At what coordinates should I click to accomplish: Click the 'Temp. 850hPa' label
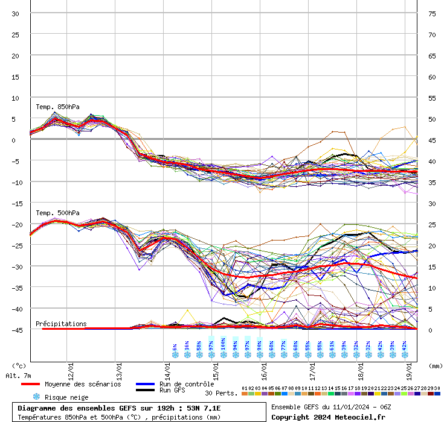[x=57, y=107]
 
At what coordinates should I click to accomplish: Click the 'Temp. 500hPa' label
[x=57, y=213]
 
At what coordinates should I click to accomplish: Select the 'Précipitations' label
[x=61, y=324]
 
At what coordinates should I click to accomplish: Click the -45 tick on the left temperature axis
[x=15, y=330]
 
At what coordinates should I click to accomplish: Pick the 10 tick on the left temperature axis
[x=15, y=98]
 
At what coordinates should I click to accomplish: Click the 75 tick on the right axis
[x=432, y=13]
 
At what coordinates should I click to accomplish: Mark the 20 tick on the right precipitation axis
[x=432, y=245]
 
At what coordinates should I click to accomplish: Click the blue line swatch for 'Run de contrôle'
[x=145, y=384]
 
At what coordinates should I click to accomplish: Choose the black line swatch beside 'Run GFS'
[x=145, y=391]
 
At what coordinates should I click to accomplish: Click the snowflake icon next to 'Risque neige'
[x=36, y=397]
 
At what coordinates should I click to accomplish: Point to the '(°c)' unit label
[x=19, y=366]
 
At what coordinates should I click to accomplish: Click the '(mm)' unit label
[x=436, y=366]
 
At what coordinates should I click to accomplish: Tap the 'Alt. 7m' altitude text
[x=19, y=376]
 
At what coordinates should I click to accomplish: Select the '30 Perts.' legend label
[x=220, y=393]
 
